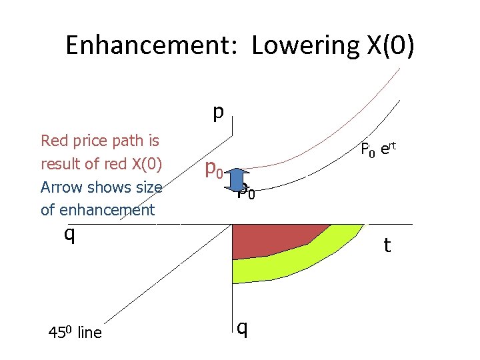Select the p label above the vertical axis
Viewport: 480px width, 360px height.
click(x=217, y=111)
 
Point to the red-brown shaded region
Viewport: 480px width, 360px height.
click(x=273, y=240)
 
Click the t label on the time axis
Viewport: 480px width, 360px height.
click(x=387, y=246)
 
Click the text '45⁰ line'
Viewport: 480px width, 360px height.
click(x=74, y=332)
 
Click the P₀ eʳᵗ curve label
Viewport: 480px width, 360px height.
click(x=377, y=150)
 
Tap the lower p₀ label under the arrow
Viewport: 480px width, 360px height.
click(x=246, y=193)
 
